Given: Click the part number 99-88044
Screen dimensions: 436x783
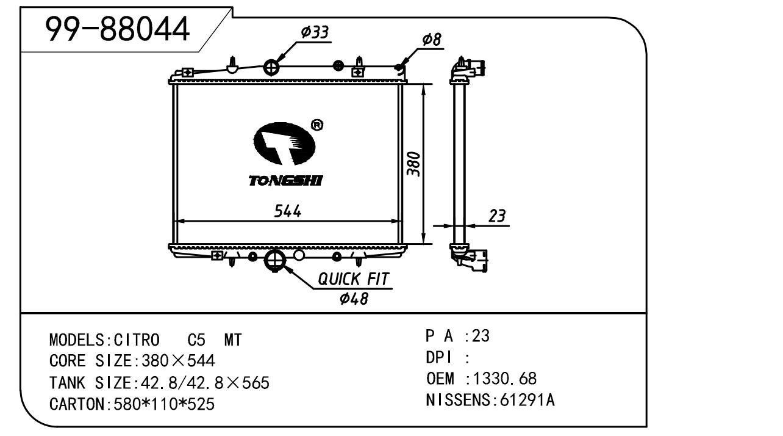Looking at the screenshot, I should point(118,29).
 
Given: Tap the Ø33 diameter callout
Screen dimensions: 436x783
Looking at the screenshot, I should point(315,32).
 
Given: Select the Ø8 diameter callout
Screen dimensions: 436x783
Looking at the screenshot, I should point(431,40).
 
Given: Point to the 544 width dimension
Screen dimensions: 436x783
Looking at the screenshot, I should point(287,211).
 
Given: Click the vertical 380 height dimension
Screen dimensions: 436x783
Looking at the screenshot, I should point(414,163).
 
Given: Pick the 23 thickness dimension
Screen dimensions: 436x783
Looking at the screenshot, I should point(497,216).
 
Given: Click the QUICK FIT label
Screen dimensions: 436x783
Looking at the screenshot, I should point(354,280).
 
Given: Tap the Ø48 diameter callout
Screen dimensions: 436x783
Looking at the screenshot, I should point(354,298).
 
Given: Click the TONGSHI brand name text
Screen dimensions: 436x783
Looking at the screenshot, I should point(285,180).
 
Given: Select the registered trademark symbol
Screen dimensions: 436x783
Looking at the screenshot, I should point(317,125).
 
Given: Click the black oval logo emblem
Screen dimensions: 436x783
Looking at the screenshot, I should point(284,144).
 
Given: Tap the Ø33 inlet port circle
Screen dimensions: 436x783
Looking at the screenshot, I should point(271,67).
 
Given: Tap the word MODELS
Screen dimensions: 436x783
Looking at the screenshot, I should point(77,340).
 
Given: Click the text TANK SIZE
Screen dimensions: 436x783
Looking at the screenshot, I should point(89,383).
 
